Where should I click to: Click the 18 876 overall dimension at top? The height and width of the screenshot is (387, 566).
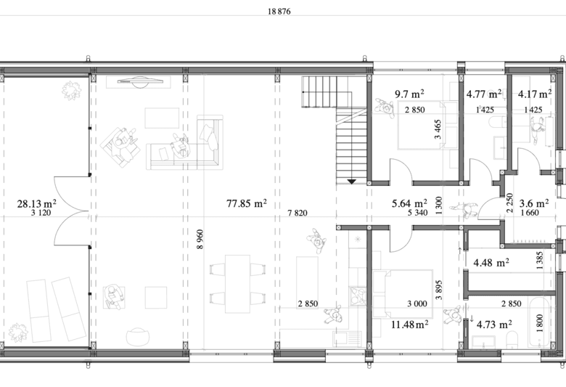tap(279, 12)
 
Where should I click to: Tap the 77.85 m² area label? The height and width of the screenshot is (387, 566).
tap(247, 203)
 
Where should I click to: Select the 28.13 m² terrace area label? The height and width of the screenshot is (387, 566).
tap(36, 204)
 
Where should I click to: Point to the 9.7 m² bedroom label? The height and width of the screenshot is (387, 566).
tap(409, 94)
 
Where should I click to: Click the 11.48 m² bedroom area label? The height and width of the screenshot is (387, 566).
tap(410, 325)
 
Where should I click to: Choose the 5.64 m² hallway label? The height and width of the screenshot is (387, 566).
tap(410, 203)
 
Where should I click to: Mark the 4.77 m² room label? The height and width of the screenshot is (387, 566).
tap(484, 94)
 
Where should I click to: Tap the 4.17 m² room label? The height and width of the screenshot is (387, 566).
tap(535, 94)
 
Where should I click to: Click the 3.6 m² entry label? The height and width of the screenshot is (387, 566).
tap(534, 203)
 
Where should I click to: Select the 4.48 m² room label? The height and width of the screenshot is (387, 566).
tap(491, 263)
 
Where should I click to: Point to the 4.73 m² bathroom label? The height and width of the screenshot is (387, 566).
tap(494, 325)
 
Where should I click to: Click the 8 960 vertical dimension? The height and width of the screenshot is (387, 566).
tap(200, 239)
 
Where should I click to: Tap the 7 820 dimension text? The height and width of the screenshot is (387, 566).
tap(298, 213)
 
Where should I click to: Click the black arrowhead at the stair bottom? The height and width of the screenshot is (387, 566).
tap(352, 182)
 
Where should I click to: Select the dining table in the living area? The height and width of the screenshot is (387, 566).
tap(237, 284)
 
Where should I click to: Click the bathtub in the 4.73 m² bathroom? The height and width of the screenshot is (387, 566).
tap(540, 322)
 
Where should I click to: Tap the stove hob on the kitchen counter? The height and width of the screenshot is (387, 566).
tap(357, 296)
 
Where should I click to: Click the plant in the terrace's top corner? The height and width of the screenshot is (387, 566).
tap(71, 91)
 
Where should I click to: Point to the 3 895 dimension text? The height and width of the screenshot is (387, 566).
tap(438, 290)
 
